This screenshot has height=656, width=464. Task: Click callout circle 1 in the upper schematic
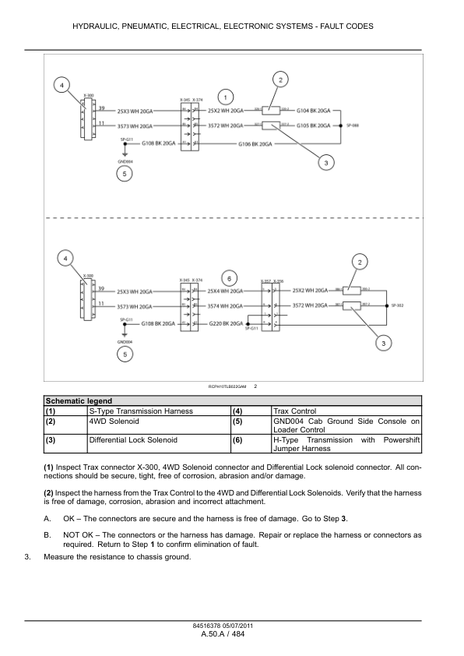coord(225,97)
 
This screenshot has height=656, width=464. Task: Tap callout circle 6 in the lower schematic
coord(228,278)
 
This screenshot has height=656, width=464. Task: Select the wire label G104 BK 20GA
coord(313,111)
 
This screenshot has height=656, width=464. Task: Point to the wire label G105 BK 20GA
coord(313,125)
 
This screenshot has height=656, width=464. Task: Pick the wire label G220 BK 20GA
coord(225,322)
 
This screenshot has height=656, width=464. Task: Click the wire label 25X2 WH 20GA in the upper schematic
coord(225,111)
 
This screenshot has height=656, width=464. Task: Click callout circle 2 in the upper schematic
coord(280,79)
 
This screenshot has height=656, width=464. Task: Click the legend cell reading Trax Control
coord(292,410)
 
